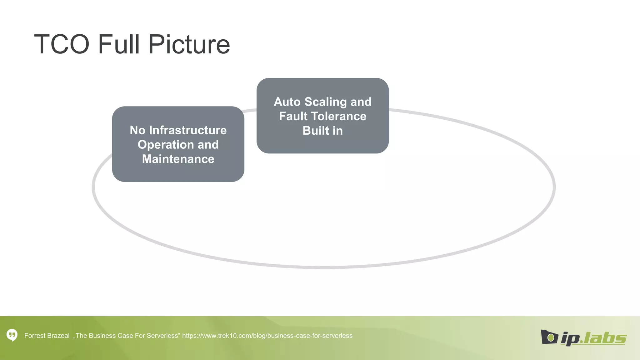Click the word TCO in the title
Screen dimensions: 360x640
click(x=62, y=44)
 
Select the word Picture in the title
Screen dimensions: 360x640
click(x=189, y=44)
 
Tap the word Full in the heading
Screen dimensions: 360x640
click(x=119, y=44)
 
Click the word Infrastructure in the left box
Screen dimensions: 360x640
click(x=188, y=130)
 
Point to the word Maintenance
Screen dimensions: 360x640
click(x=178, y=159)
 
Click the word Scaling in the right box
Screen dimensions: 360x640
click(x=326, y=102)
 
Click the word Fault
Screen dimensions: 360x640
click(x=293, y=116)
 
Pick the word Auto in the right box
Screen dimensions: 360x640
click(x=287, y=102)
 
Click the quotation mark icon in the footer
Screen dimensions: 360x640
click(x=12, y=335)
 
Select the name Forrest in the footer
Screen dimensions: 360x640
click(x=35, y=336)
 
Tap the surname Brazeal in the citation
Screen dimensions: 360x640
click(x=58, y=336)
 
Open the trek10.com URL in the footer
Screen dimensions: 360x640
click(x=267, y=336)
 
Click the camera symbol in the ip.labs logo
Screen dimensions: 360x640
click(x=549, y=337)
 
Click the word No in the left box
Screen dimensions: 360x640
click(x=137, y=130)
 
